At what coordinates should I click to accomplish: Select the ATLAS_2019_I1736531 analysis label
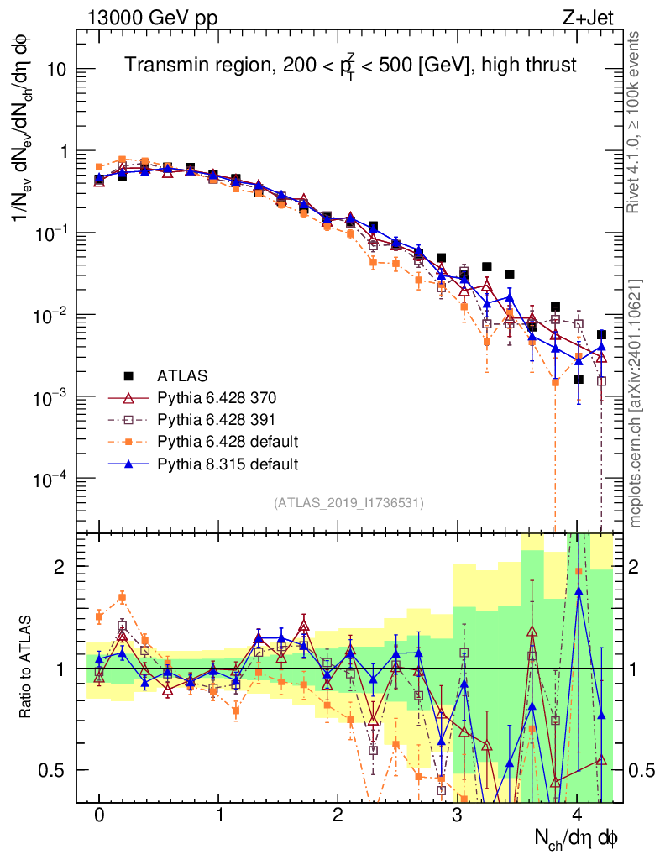click(x=348, y=503)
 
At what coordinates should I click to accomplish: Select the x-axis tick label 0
click(x=99, y=816)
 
